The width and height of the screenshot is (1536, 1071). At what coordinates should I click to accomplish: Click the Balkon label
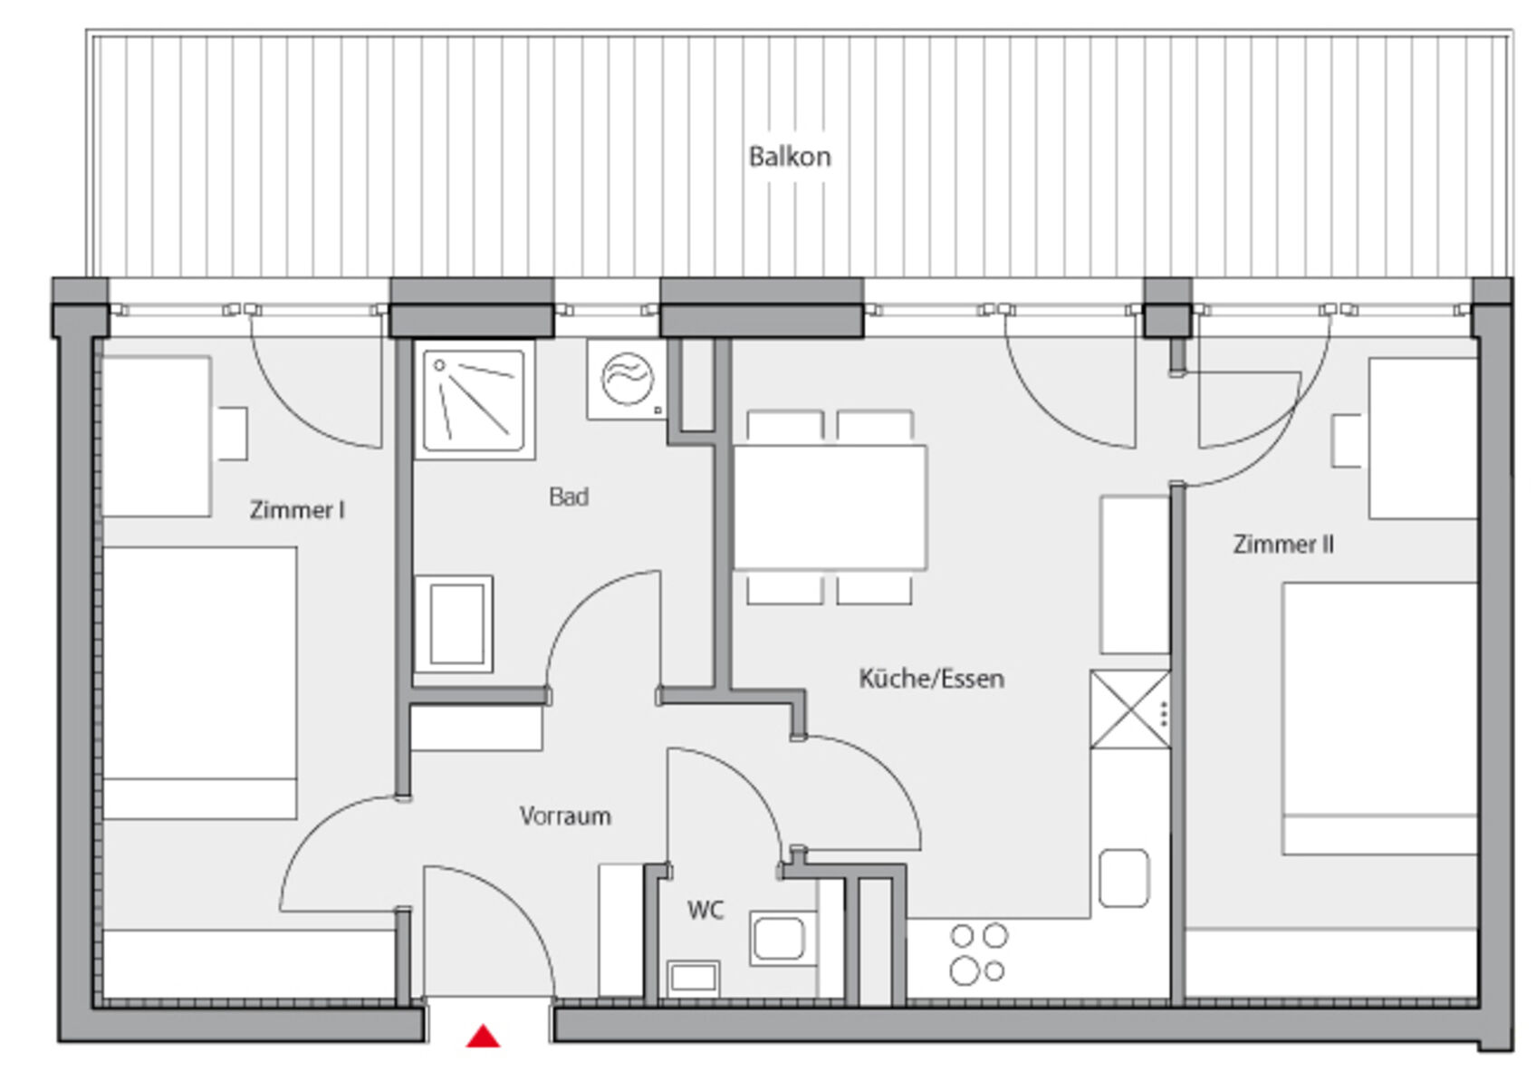[790, 157]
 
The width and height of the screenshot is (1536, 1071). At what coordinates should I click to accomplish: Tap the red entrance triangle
[484, 1036]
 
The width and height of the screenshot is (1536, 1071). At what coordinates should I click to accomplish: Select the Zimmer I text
[297, 510]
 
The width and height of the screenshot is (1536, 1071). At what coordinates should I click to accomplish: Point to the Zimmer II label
[1283, 544]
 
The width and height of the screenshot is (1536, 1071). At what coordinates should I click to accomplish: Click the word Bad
[569, 496]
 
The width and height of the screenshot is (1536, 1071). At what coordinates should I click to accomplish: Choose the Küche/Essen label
[932, 679]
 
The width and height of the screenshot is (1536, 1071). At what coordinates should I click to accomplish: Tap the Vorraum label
[565, 815]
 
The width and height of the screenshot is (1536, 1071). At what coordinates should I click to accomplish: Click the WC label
[706, 911]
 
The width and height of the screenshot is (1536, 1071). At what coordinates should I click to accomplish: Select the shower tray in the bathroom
[475, 400]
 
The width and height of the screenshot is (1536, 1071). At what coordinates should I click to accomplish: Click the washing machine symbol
[627, 380]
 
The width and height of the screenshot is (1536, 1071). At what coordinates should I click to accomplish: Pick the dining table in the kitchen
[830, 507]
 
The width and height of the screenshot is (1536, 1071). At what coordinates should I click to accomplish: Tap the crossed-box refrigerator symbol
[1130, 709]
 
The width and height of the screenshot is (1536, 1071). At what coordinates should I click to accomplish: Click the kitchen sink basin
[1124, 878]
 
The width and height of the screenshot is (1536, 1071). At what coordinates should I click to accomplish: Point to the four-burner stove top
[978, 954]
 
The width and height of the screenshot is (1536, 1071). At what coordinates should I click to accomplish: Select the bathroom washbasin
[454, 624]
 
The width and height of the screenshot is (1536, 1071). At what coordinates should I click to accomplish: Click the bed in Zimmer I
[199, 682]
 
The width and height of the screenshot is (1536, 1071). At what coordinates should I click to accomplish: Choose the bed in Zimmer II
[1379, 719]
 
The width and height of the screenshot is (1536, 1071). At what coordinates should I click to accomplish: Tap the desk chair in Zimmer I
[233, 434]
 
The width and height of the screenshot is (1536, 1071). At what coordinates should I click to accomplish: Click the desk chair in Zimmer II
[1347, 441]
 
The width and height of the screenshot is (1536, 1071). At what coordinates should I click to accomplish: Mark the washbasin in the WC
[779, 938]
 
